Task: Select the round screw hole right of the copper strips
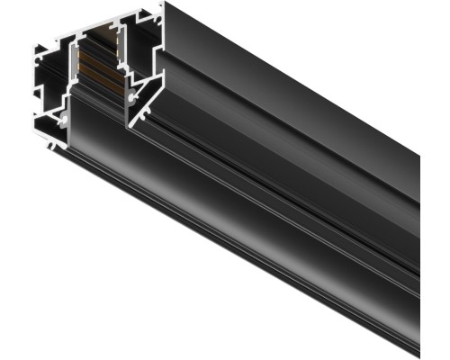tap(134, 93)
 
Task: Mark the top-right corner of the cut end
tap(163, 4)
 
